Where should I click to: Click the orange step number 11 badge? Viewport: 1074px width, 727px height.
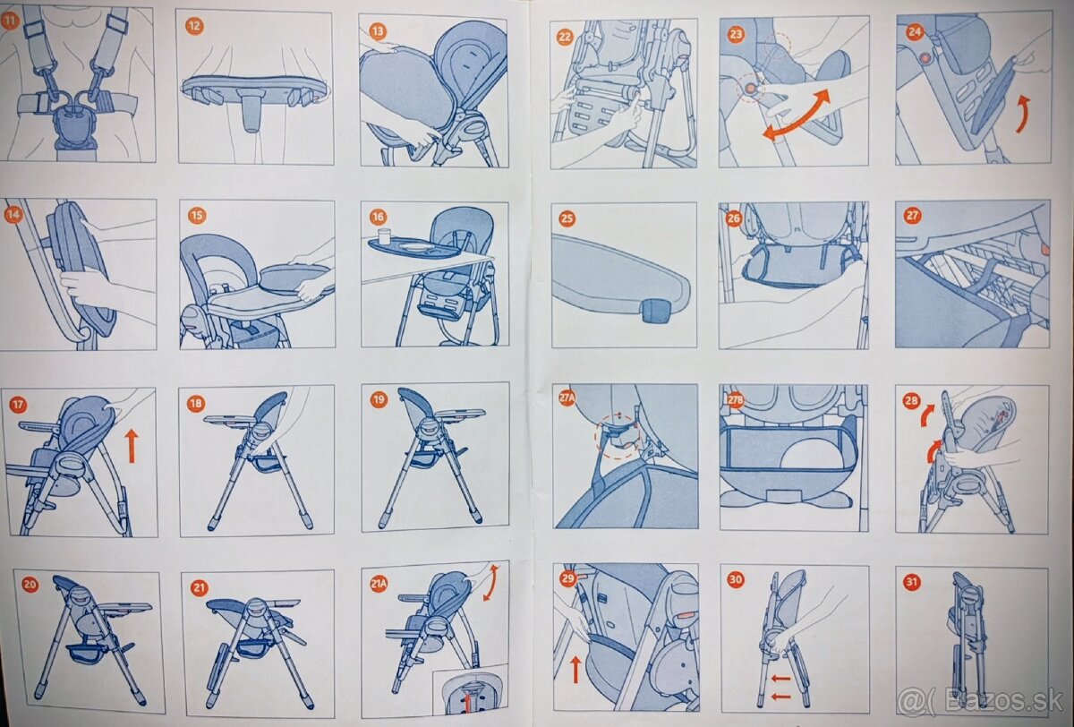[9, 21]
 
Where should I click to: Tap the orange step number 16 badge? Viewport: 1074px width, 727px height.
[378, 217]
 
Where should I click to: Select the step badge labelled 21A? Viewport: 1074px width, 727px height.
[379, 584]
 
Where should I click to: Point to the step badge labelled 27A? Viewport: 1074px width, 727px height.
[567, 398]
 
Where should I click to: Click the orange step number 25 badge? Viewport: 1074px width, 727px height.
[567, 218]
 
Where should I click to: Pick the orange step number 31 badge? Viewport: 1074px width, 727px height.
[912, 582]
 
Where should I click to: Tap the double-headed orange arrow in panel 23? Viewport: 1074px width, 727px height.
[796, 115]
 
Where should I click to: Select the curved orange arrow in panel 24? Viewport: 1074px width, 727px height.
[1023, 114]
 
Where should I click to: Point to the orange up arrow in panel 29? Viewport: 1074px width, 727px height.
[575, 670]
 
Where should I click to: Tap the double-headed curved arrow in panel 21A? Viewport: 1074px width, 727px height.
[490, 582]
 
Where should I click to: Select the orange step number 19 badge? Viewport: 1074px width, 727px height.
[379, 399]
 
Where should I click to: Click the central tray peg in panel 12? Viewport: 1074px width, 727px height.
[251, 112]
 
